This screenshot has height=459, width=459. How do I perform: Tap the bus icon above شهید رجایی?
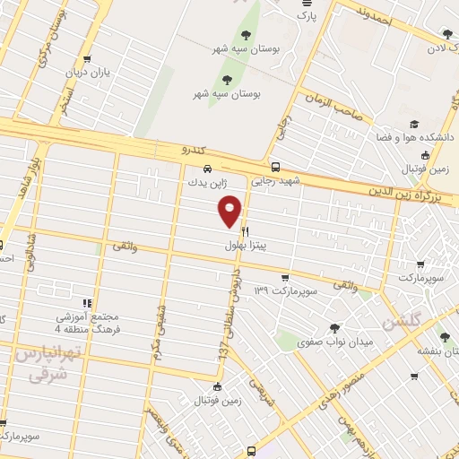pyautogui.click(x=275, y=166)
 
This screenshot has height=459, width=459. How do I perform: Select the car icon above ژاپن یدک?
pyautogui.click(x=207, y=168)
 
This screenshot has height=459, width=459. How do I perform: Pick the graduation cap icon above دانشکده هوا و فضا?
pyautogui.click(x=413, y=125)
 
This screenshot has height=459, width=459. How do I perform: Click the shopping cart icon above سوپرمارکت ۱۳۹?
pyautogui.click(x=284, y=277)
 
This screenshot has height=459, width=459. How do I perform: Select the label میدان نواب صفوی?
pyautogui.click(x=334, y=342)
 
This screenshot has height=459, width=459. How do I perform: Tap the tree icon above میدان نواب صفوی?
pyautogui.click(x=335, y=327)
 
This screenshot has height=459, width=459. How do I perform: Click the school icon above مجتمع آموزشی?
pyautogui.click(x=87, y=303)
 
